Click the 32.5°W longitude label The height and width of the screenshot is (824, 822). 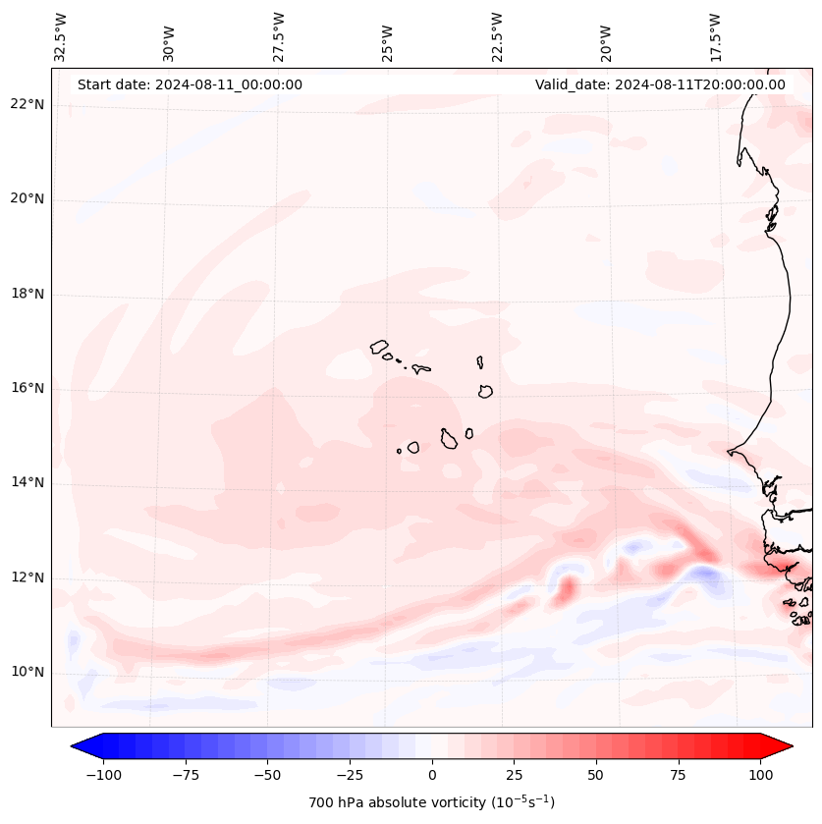pos(61,36)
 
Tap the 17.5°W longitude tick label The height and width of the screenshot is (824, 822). pos(715,36)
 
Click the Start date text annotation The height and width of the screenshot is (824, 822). pos(190,84)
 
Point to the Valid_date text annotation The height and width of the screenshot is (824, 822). pos(660,84)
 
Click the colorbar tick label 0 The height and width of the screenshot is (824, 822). pos(432,775)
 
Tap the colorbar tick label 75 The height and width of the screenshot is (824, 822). pos(678,775)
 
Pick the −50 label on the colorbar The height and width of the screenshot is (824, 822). pos(266,775)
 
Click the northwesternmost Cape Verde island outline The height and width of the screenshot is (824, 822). pos(379,347)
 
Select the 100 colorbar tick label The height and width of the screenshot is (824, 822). pos(760,775)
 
